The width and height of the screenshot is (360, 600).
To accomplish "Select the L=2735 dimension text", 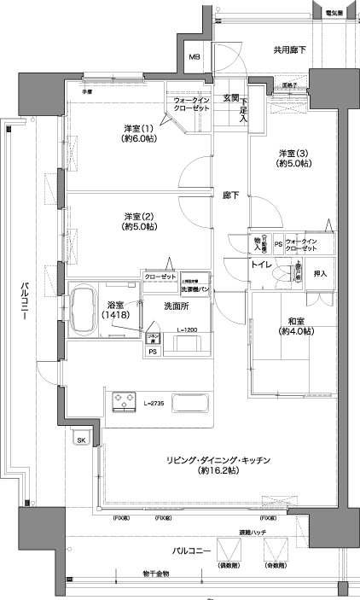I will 154,401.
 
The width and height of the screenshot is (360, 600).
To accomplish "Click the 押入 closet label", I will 321,273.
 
